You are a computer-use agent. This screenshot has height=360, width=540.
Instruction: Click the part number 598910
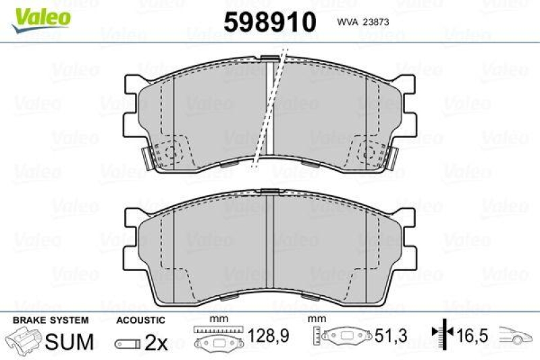(x=270, y=22)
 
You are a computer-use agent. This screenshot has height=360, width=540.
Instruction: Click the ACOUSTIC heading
(x=140, y=320)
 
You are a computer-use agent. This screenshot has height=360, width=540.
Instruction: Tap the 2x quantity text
(x=156, y=342)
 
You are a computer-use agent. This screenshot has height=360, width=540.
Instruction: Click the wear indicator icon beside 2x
(x=128, y=343)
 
